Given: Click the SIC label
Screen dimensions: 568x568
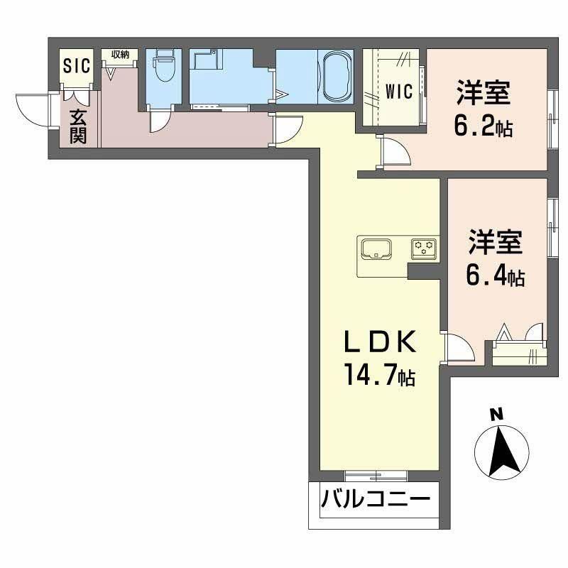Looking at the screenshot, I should click(77, 66).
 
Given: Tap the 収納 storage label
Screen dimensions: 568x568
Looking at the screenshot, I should click(119, 55).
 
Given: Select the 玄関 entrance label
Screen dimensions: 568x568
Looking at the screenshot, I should click(77, 125).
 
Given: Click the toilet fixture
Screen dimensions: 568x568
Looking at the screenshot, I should click(164, 70).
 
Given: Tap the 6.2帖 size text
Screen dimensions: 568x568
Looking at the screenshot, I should click(484, 128).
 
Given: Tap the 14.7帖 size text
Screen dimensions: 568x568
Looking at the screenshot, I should click(379, 376).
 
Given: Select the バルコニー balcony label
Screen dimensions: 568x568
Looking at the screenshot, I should click(376, 500).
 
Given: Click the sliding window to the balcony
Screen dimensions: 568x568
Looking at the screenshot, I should click(375, 474).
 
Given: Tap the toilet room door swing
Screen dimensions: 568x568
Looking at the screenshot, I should click(160, 121).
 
